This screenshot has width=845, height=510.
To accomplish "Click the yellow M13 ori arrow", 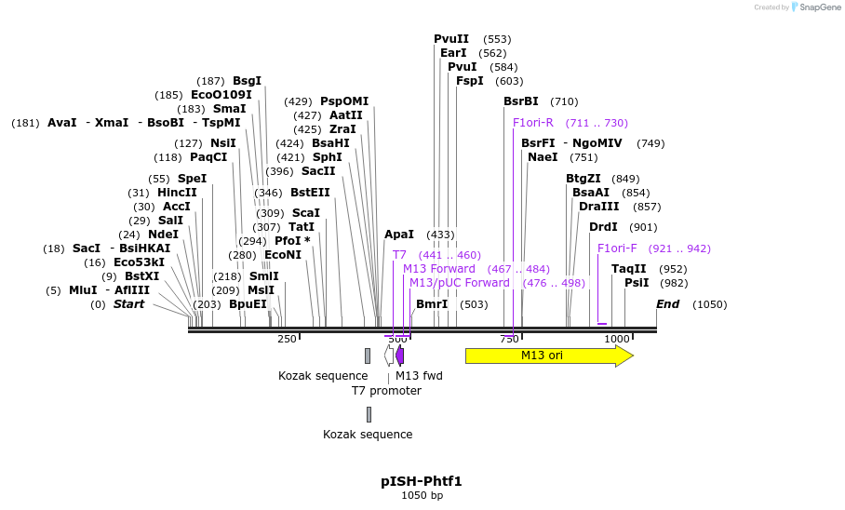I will [x=548, y=356].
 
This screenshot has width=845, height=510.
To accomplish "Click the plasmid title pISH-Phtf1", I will [x=421, y=481].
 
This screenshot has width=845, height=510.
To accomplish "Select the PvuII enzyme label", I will [x=451, y=39].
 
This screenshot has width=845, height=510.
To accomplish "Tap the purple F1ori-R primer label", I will [x=533, y=123].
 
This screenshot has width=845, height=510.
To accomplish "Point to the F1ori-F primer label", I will [x=617, y=248].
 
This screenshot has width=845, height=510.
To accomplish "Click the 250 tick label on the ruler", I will [x=287, y=339].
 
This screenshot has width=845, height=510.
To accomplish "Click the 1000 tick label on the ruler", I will [x=617, y=339].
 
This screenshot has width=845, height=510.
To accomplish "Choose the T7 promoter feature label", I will [x=386, y=391].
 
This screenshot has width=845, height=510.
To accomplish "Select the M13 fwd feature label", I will [x=419, y=376].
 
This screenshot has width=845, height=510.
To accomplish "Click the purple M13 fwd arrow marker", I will [x=399, y=355].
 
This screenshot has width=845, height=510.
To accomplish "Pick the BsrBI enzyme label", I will [x=521, y=101].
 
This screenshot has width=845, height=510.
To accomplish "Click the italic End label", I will [x=667, y=304].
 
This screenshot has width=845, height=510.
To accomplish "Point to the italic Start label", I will [x=128, y=304].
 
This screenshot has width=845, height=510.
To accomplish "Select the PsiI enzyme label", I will [x=637, y=283].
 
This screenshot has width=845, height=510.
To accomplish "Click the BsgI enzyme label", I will [x=247, y=81].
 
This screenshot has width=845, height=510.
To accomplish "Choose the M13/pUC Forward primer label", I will [x=460, y=283].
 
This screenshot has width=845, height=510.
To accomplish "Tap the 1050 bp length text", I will [x=421, y=496].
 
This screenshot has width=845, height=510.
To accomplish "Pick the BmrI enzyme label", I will [x=432, y=304].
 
